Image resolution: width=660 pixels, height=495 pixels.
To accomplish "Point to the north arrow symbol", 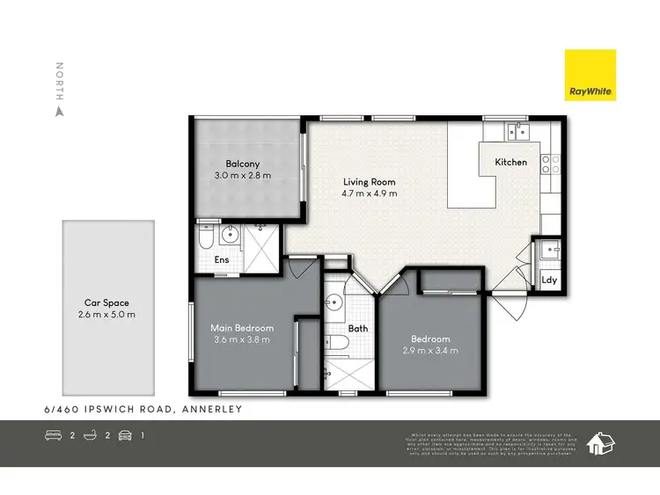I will point(60,112).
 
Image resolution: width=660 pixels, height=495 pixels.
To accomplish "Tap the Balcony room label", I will point(242,164).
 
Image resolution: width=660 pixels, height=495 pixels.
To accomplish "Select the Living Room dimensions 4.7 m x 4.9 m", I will point(370,193).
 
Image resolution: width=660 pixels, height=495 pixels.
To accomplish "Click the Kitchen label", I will point(510,162).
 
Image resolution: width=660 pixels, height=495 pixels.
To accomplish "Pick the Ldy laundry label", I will point(550,280).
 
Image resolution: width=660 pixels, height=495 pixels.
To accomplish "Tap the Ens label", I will point(222,261).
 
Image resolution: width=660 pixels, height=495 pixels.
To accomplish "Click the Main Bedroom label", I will point(242,328).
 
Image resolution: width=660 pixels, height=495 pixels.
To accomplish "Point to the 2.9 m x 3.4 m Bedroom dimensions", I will point(430,351).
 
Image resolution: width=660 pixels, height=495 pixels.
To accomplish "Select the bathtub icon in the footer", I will point(92,435).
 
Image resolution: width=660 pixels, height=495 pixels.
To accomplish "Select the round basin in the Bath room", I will point(334,305).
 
